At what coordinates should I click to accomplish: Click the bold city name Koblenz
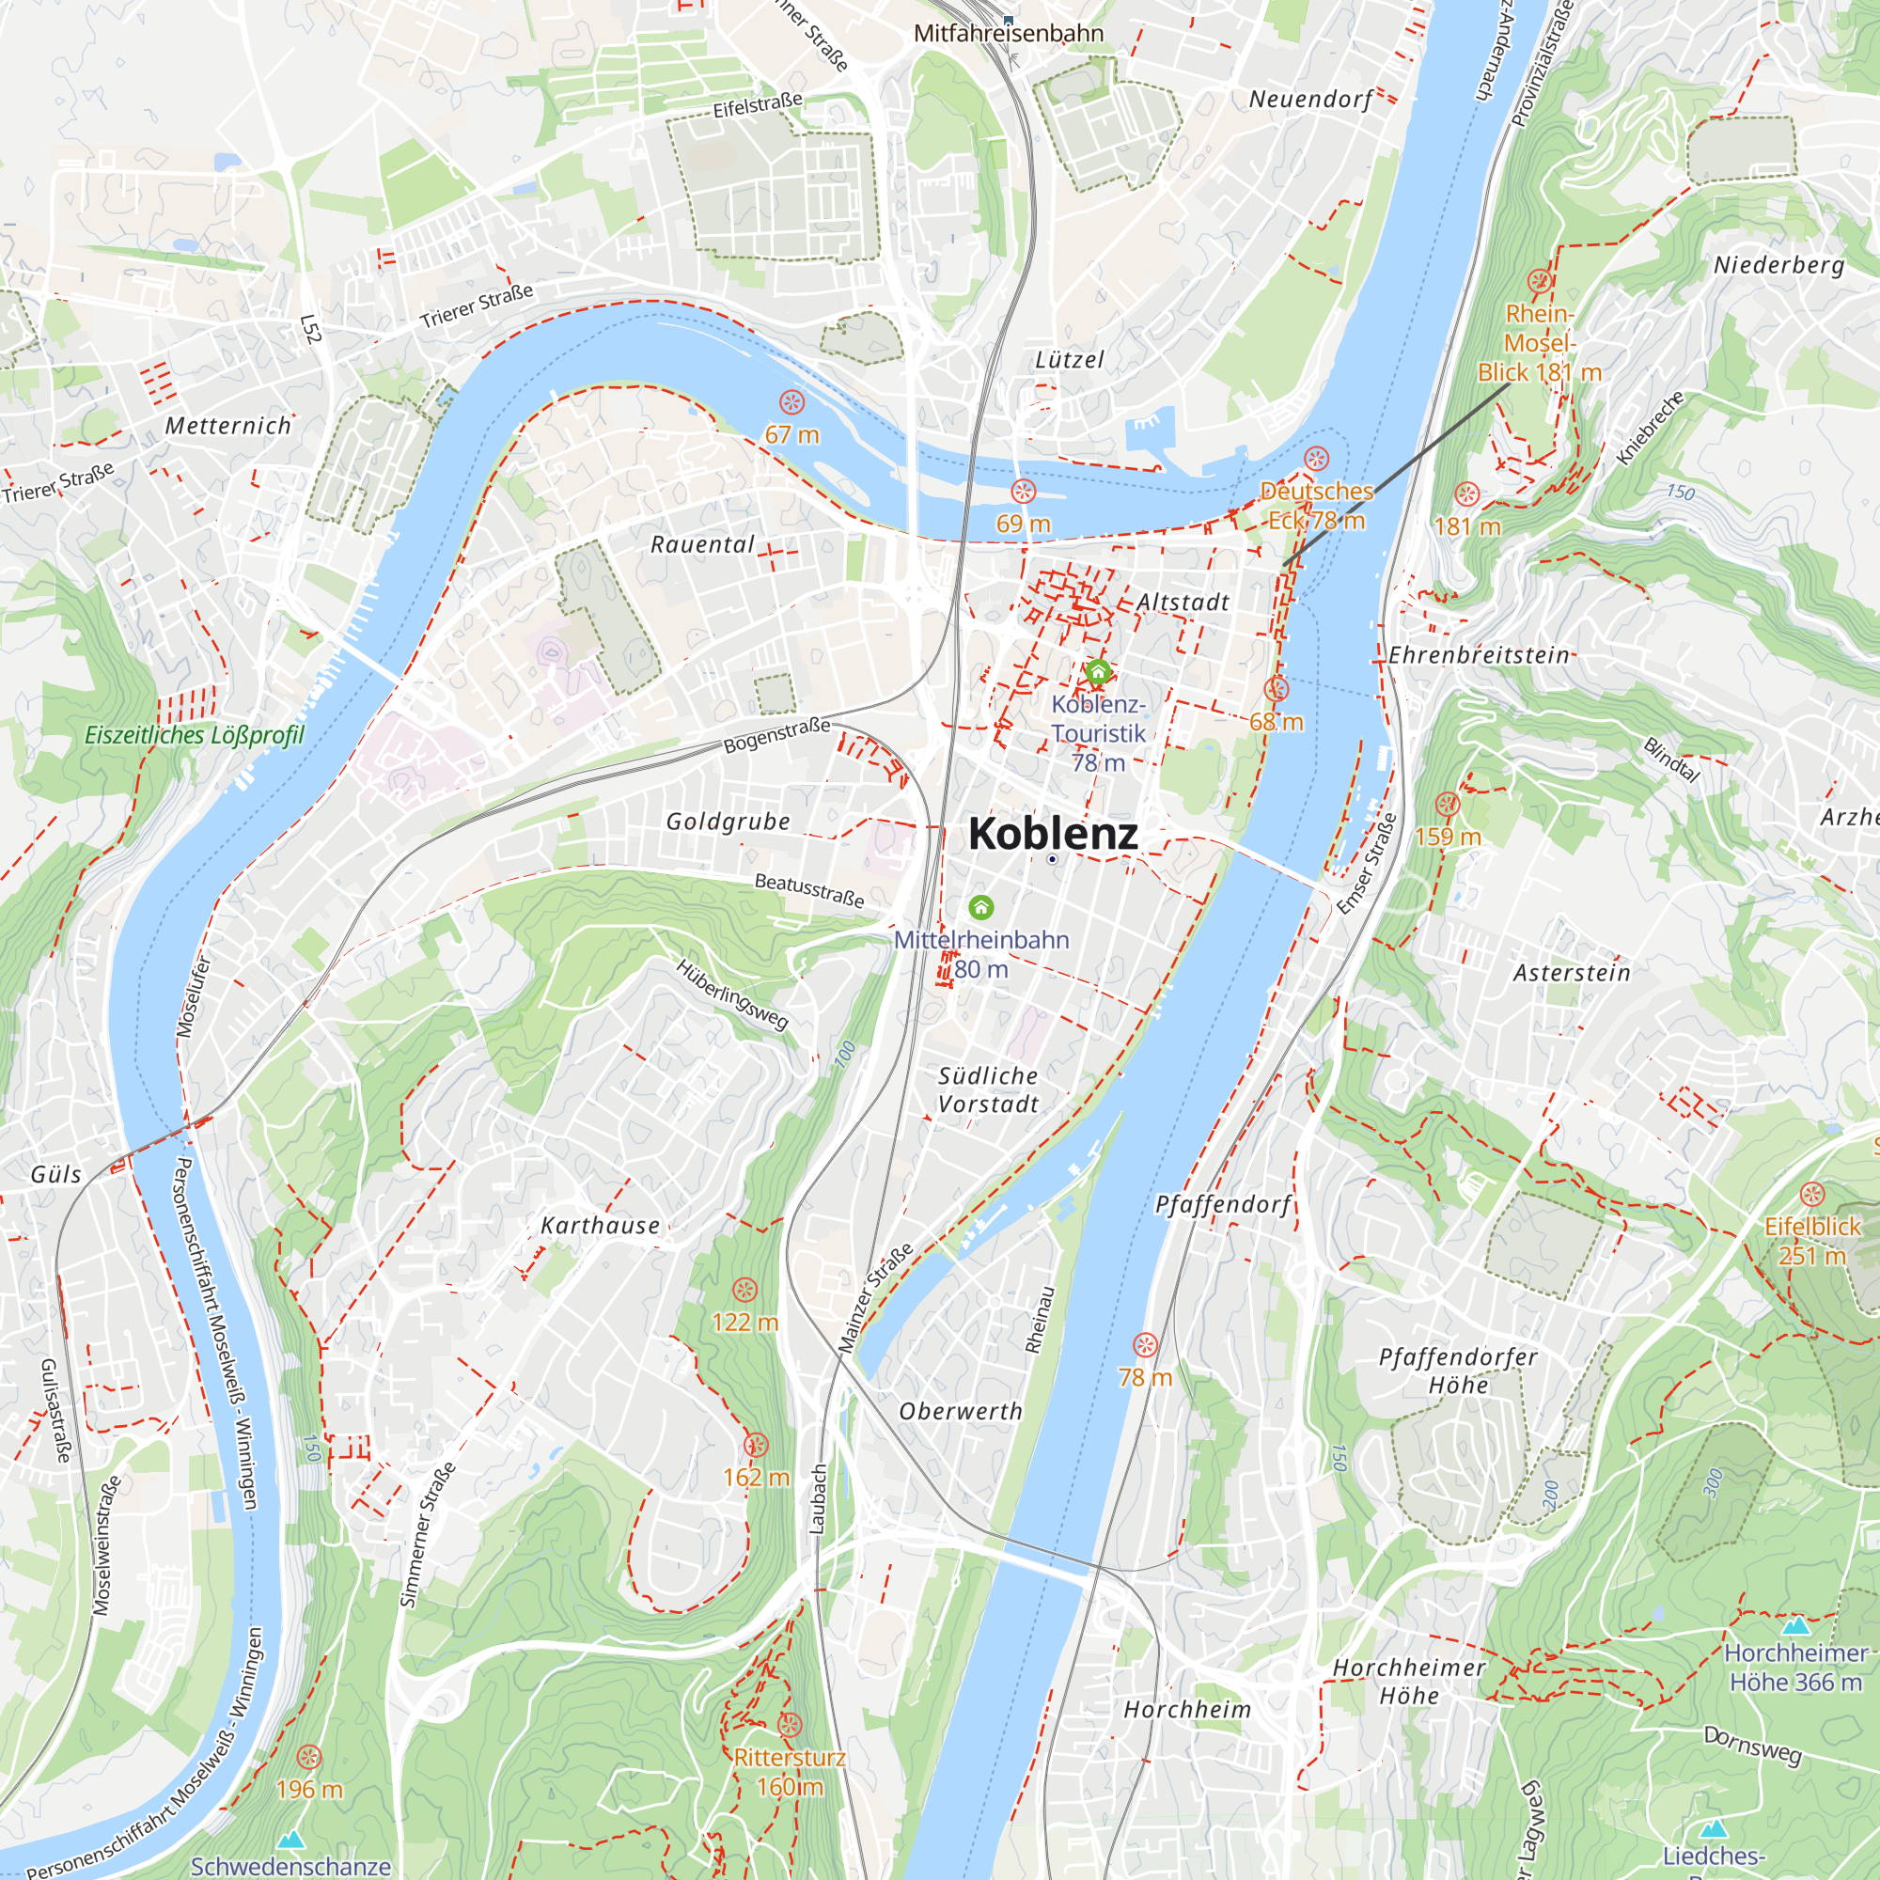pyautogui.click(x=1053, y=834)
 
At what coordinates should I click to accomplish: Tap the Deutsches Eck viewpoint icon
pyautogui.click(x=1317, y=459)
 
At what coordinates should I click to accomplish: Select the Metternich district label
pyautogui.click(x=227, y=426)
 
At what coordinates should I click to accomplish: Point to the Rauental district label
pyautogui.click(x=702, y=545)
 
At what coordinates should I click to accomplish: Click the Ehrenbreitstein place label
pyautogui.click(x=1479, y=656)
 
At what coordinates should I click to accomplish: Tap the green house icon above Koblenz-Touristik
pyautogui.click(x=1098, y=671)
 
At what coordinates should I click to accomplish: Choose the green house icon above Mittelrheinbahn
pyautogui.click(x=980, y=907)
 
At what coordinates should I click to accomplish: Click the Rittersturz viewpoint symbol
pyautogui.click(x=790, y=1725)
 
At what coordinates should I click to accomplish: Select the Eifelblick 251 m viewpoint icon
pyautogui.click(x=1812, y=1194)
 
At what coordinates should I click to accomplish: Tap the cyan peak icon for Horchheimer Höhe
pyautogui.click(x=1795, y=1626)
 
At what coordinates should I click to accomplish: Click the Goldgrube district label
pyautogui.click(x=728, y=822)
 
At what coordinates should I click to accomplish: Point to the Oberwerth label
pyautogui.click(x=961, y=1412)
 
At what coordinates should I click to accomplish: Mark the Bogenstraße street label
pyautogui.click(x=776, y=736)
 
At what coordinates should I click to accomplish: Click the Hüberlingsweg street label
pyautogui.click(x=731, y=995)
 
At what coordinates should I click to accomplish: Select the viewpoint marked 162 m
pyautogui.click(x=756, y=1445)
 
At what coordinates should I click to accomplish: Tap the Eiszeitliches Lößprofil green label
pyautogui.click(x=195, y=736)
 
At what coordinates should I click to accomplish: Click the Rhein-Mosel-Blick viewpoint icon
pyautogui.click(x=1540, y=281)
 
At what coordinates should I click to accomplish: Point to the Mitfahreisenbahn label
pyautogui.click(x=1009, y=34)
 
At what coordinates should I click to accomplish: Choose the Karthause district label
pyautogui.click(x=601, y=1226)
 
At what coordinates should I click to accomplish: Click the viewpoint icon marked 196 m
pyautogui.click(x=309, y=1758)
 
